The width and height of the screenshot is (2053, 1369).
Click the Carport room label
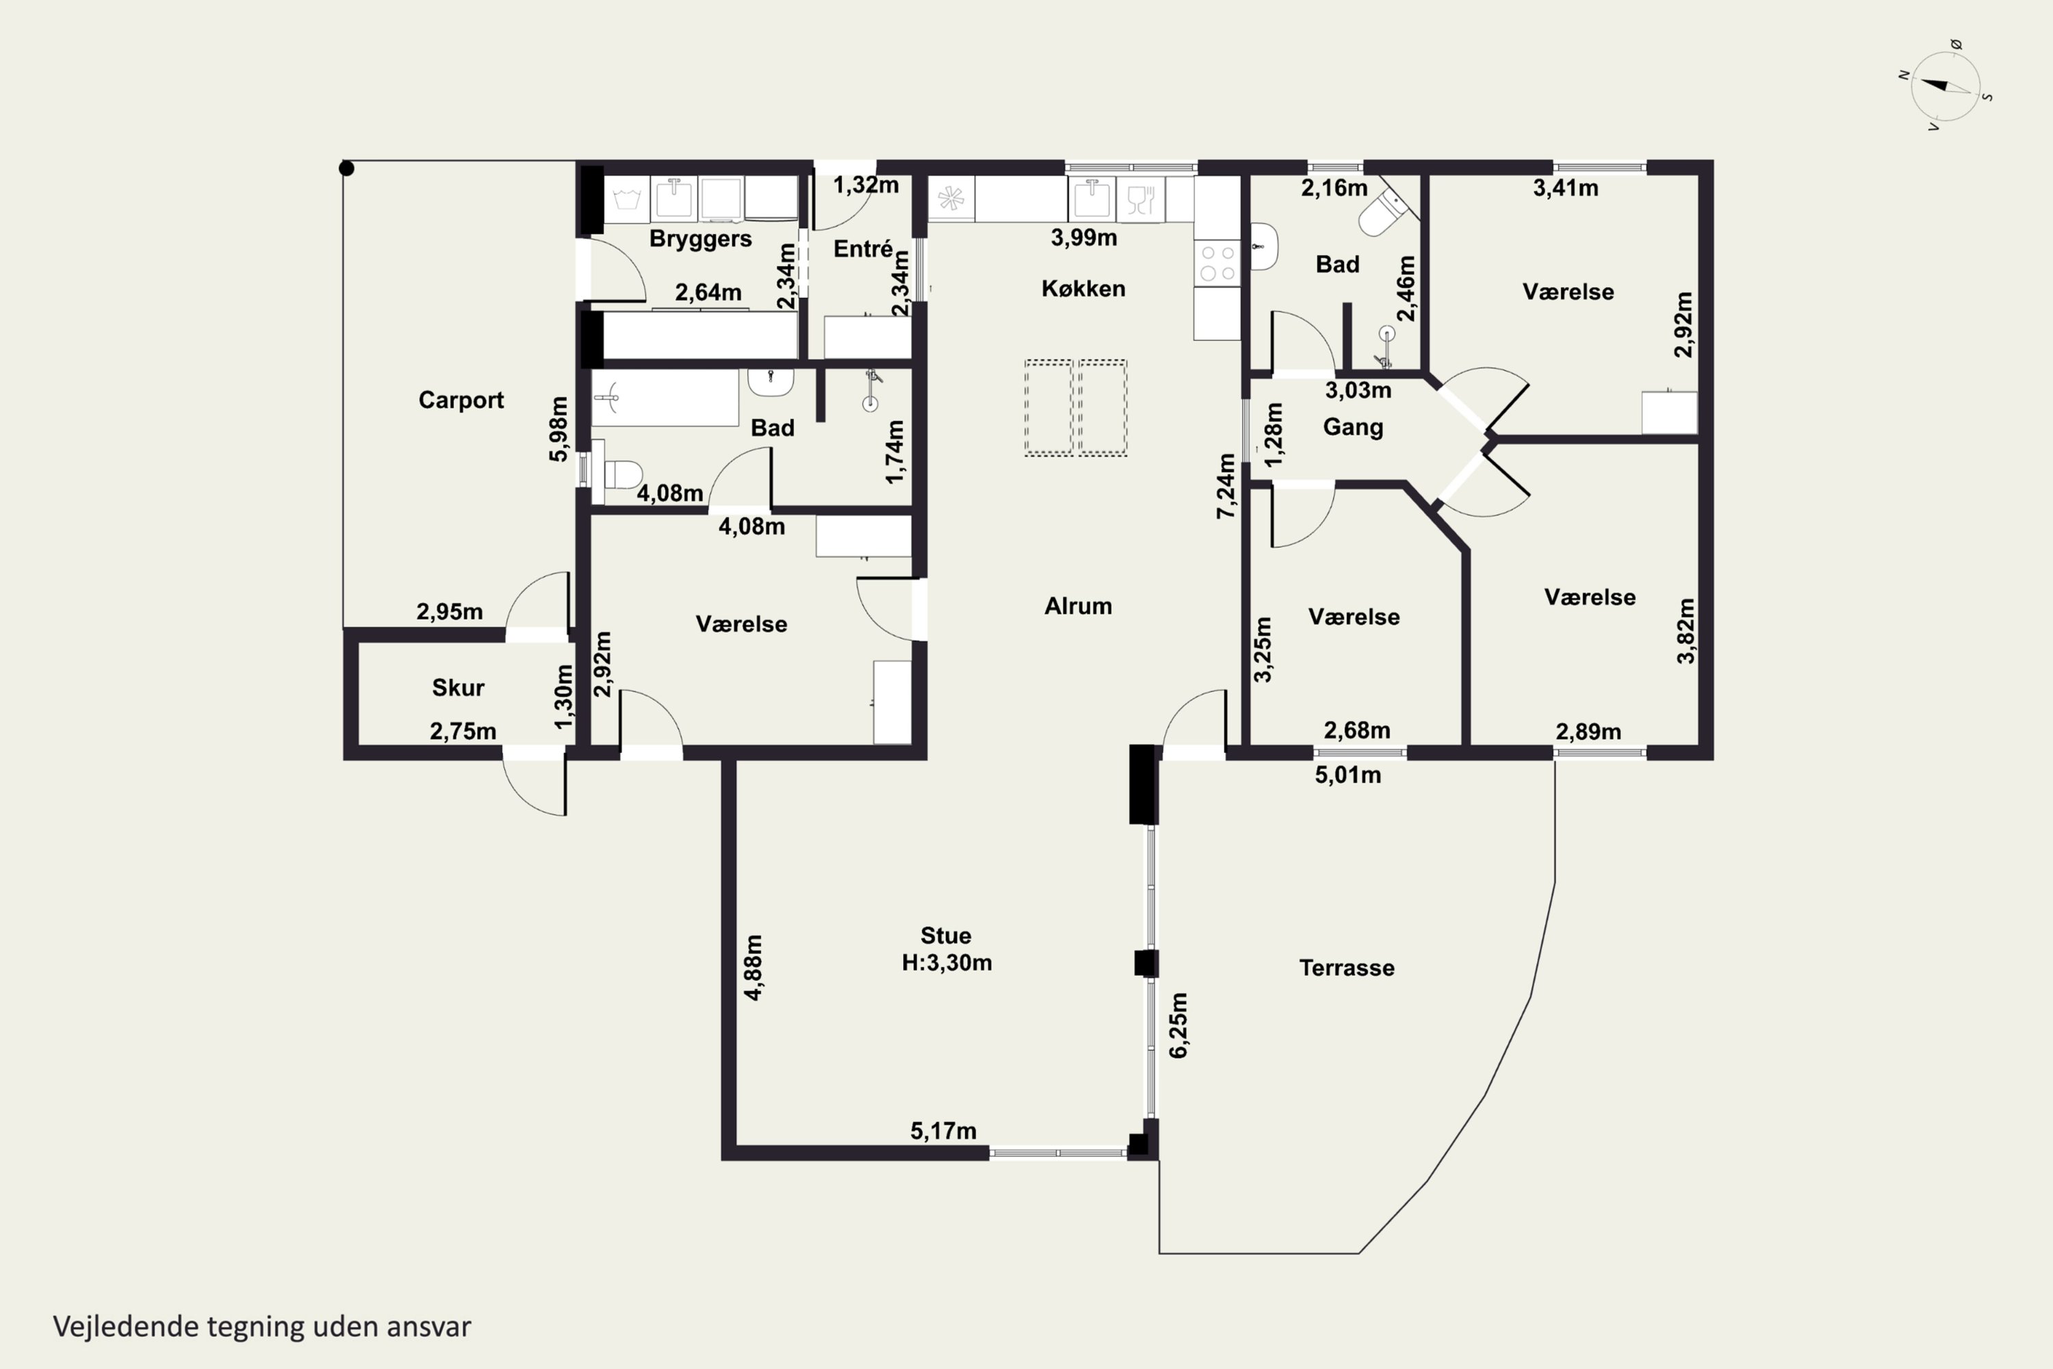click(x=461, y=400)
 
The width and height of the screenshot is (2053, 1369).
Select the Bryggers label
click(x=700, y=239)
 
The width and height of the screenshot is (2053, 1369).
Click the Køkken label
click(x=1083, y=288)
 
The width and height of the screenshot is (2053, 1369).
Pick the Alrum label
click(x=1078, y=606)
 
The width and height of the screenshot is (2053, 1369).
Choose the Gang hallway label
click(x=1353, y=428)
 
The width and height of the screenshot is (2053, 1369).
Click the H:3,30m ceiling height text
click(x=946, y=962)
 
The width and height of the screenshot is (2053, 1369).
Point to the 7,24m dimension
click(x=1226, y=486)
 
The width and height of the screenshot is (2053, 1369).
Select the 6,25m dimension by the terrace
click(x=1178, y=1025)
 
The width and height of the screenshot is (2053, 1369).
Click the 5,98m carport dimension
click(x=558, y=428)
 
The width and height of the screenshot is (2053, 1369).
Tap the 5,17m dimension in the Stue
click(x=944, y=1131)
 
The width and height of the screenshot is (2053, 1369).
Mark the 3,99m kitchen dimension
click(x=1083, y=238)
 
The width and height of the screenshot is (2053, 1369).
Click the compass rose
click(x=1945, y=86)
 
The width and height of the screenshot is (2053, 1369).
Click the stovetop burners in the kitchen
click(x=1217, y=263)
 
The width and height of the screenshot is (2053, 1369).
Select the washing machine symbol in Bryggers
click(x=627, y=199)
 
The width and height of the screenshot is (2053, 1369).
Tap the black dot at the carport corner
click(x=346, y=168)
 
